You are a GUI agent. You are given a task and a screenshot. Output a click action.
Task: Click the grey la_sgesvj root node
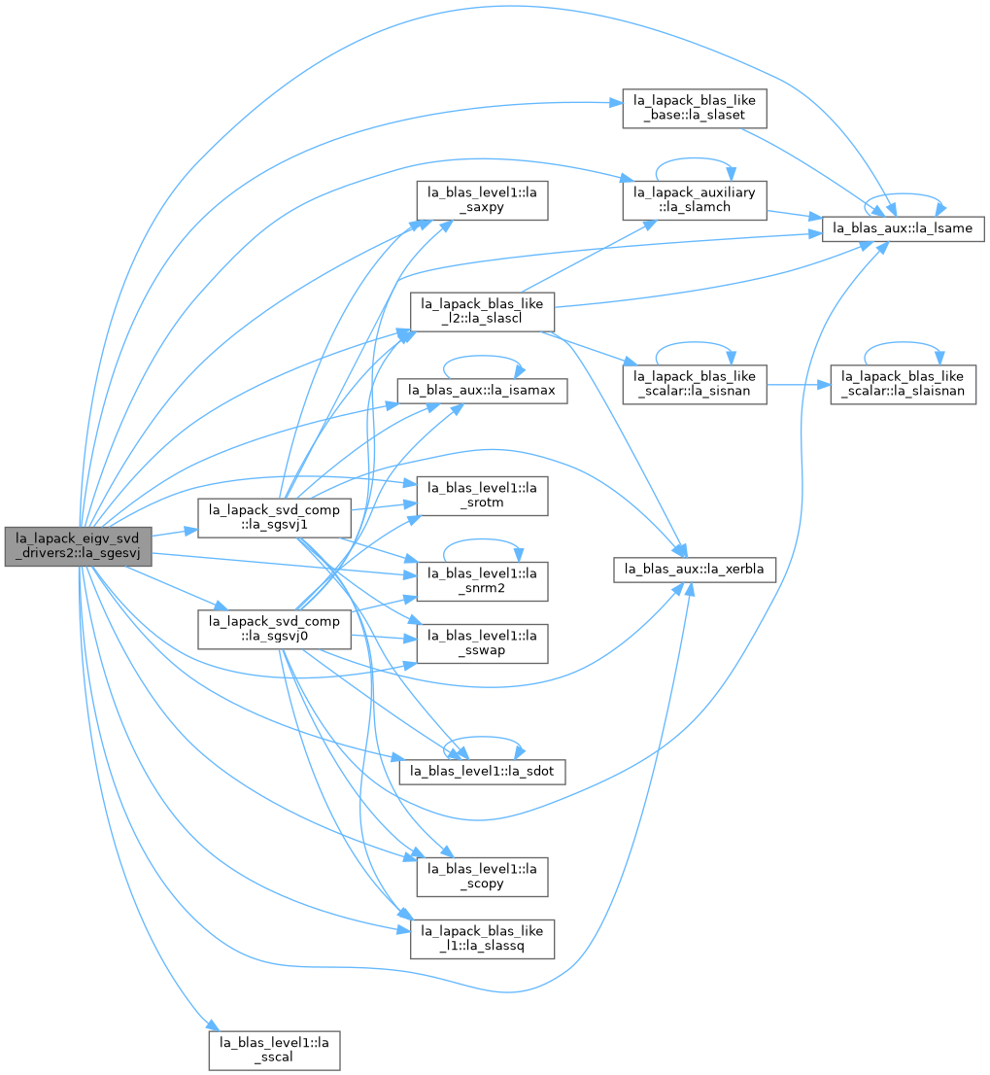point(78,546)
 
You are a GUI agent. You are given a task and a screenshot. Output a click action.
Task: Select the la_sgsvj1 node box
point(274,518)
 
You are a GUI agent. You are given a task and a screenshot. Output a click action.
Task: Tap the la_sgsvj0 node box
point(274,630)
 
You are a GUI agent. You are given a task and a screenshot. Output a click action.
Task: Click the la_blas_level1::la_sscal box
point(274,1051)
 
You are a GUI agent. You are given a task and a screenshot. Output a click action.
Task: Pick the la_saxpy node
point(482,200)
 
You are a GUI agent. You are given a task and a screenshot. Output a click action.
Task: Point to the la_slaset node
point(694,108)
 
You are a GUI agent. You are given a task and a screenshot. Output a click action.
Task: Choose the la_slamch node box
point(694,200)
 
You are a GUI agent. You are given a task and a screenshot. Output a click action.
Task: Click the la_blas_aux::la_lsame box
point(903,228)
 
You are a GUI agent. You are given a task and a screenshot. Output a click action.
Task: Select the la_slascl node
point(482,312)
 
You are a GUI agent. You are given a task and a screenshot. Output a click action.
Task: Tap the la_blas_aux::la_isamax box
point(482,391)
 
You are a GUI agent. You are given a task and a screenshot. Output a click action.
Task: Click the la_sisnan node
point(694,385)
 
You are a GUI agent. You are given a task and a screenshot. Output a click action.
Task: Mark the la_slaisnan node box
point(903,385)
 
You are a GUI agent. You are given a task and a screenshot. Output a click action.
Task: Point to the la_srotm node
point(482,496)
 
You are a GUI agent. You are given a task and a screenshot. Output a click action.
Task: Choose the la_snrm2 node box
point(482,581)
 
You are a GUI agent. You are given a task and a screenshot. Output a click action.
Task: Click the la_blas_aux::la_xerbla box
point(694,569)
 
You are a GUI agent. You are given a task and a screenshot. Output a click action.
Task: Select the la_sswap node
point(482,643)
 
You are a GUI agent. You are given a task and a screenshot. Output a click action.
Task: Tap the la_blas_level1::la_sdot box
point(482,772)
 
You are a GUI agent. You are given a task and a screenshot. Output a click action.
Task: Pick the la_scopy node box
point(482,877)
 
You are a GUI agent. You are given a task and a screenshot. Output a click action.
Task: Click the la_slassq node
point(482,939)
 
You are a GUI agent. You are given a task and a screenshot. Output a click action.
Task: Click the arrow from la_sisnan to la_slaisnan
point(799,385)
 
